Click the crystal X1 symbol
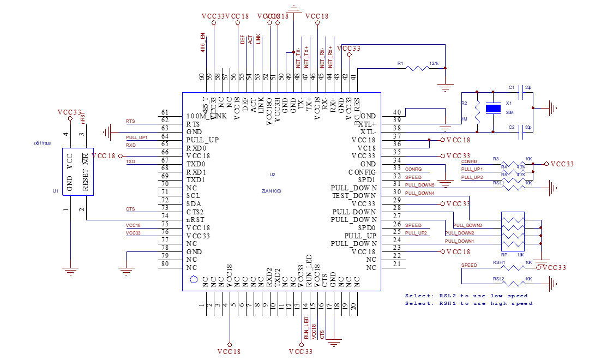(493, 109)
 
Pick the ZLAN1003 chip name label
(271, 191)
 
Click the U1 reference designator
(56, 191)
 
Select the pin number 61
(165, 112)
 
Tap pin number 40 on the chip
(397, 112)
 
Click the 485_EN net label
(203, 43)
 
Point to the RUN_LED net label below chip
(306, 327)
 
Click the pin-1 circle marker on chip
(193, 280)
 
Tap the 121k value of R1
(434, 63)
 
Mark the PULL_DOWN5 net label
(420, 185)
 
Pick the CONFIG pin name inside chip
(360, 172)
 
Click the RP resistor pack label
(503, 255)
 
